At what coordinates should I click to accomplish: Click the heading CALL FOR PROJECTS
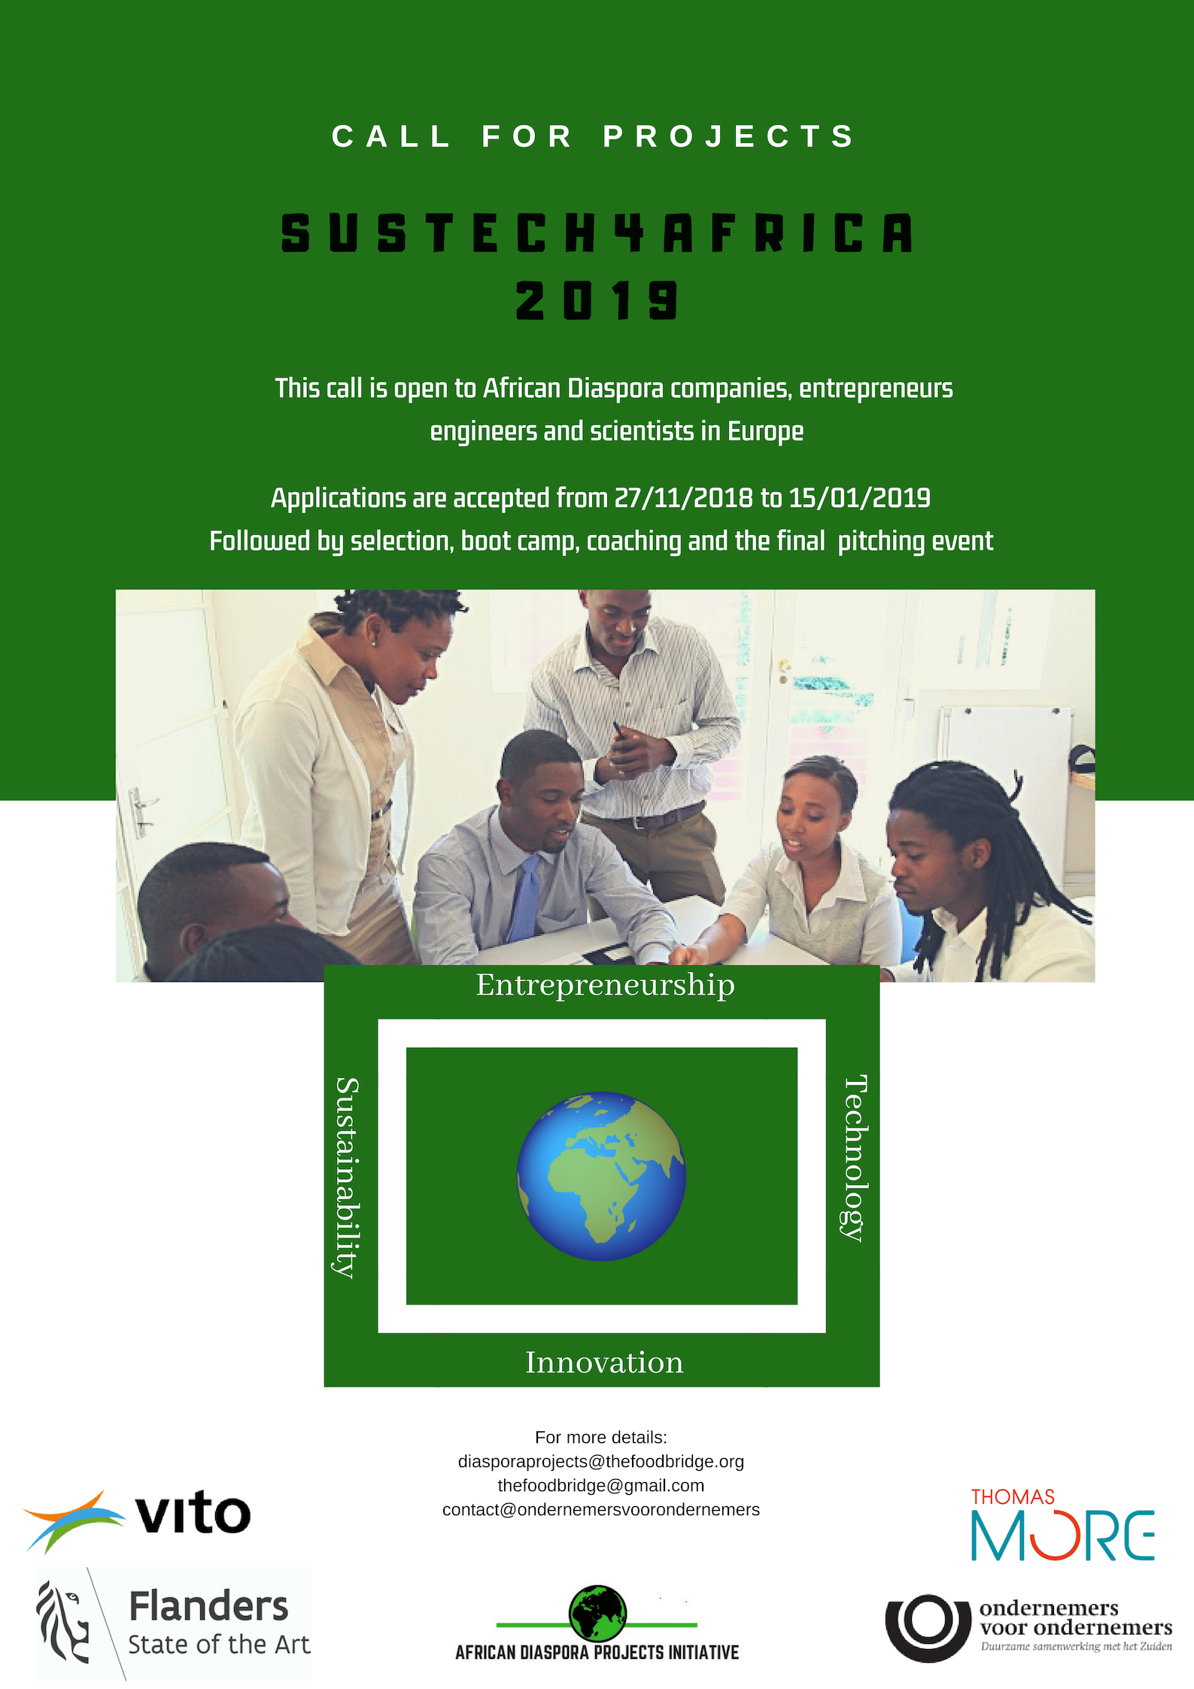[594, 137]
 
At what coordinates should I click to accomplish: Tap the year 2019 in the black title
[597, 300]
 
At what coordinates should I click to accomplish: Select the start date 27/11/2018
[683, 498]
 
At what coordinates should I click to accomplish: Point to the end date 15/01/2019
[859, 498]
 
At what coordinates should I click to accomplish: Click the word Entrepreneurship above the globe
[605, 986]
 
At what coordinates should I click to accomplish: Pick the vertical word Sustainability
[347, 1177]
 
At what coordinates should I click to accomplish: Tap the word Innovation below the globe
[604, 1362]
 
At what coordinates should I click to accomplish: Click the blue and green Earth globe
[601, 1176]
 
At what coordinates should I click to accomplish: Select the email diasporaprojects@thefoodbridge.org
[600, 1461]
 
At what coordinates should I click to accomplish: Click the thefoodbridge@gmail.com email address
[600, 1485]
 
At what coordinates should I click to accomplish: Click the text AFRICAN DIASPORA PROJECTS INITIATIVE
[597, 1653]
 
